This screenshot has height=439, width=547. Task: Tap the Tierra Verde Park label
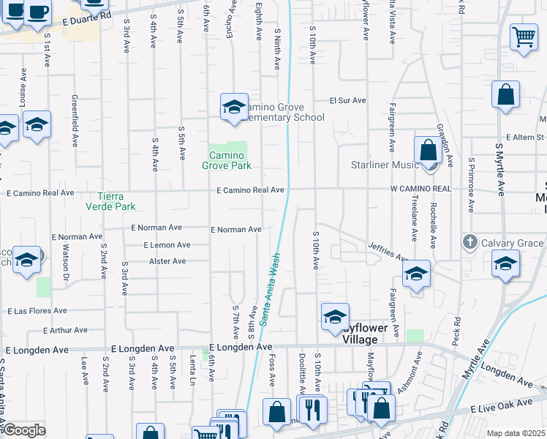tap(118, 201)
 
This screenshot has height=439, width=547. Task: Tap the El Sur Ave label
tap(347, 101)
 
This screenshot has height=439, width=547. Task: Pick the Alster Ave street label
tap(167, 261)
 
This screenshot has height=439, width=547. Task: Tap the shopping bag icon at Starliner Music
tap(428, 150)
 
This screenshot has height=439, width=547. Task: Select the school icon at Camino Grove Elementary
tap(235, 107)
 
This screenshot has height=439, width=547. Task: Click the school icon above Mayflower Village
tap(335, 317)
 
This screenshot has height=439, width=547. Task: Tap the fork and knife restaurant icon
tap(312, 409)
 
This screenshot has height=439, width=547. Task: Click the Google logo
tap(24, 430)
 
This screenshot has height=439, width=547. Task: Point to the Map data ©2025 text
tap(516, 433)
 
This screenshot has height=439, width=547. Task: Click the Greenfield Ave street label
tap(75, 121)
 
